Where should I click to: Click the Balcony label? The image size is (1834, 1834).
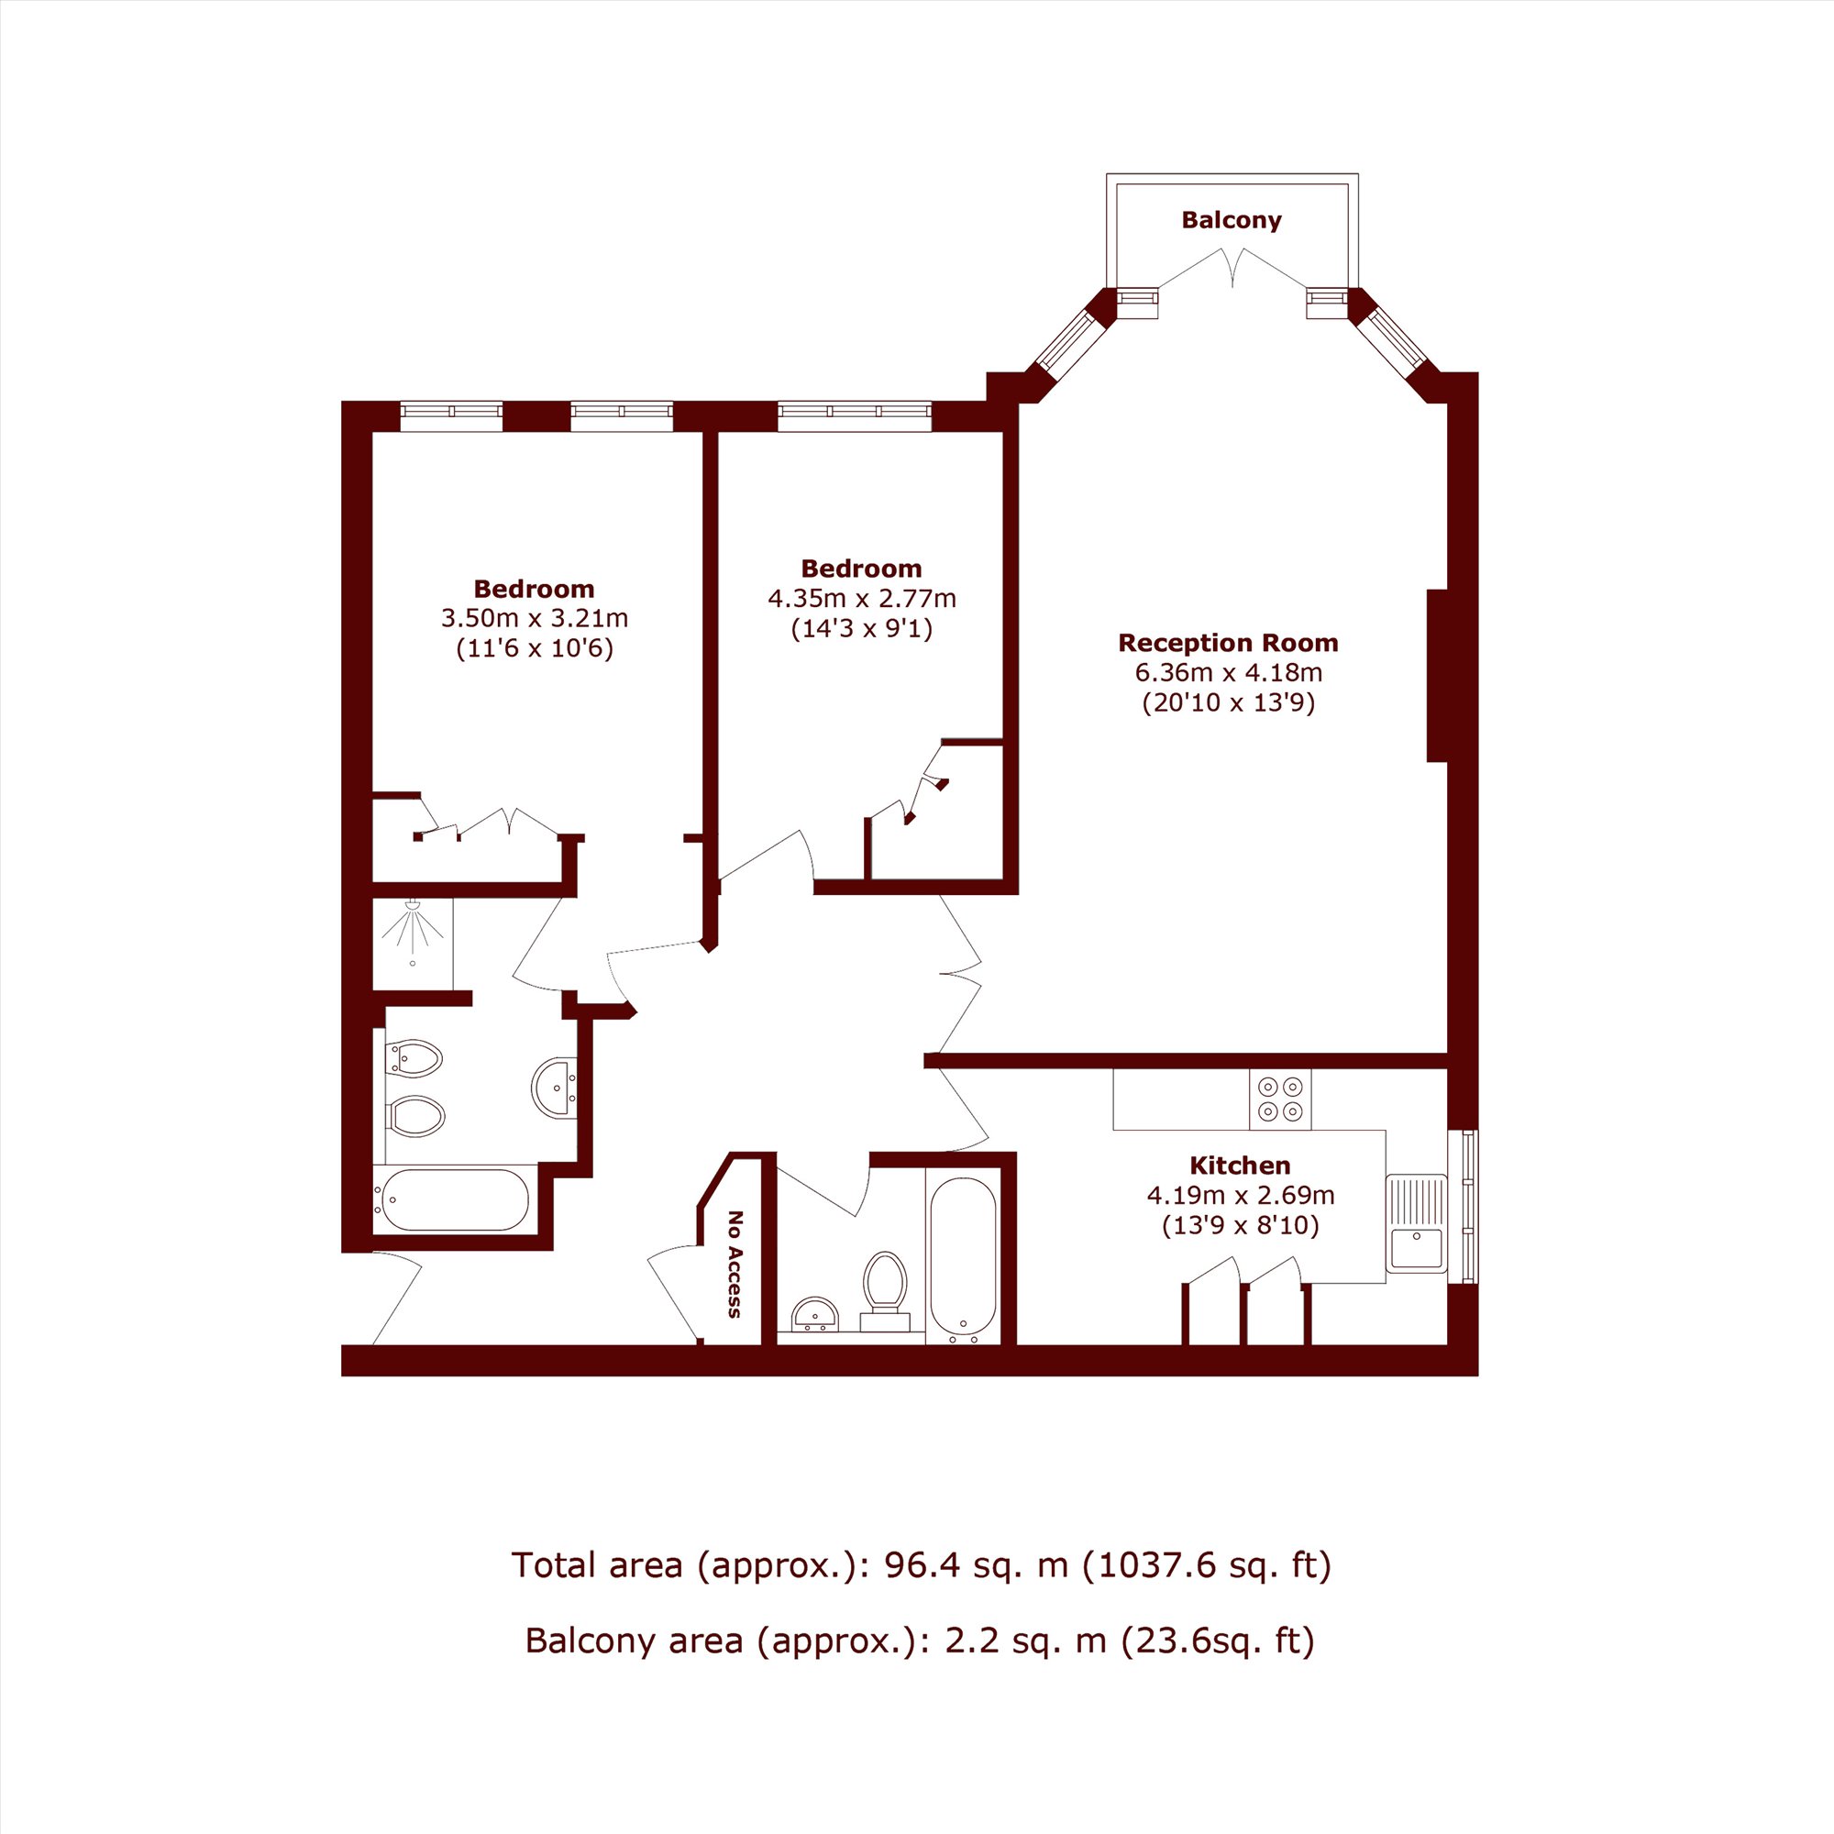1232,220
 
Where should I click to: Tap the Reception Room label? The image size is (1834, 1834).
1229,643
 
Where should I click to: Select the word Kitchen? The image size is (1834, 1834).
1240,1165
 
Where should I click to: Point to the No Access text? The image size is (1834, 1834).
734,1265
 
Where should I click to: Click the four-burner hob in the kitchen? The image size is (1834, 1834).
1279,1099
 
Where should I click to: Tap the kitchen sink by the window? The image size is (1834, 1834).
1417,1223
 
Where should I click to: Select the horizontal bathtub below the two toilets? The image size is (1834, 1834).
451,1199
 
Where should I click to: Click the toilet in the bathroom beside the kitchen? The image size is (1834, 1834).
885,1292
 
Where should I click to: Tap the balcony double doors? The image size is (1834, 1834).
1232,268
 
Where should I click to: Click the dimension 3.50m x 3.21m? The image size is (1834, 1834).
535,619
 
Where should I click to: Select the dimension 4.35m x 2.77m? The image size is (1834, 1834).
862,599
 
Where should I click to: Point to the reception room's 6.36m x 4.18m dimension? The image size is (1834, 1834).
1229,673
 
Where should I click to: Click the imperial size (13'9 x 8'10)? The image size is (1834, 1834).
1241,1225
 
